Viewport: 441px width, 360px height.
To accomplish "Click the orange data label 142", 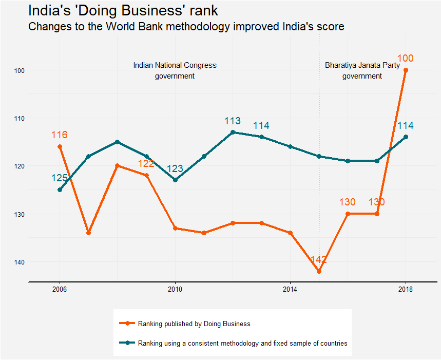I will (x=319, y=260).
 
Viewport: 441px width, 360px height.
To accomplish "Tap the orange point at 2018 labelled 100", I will (x=406, y=70).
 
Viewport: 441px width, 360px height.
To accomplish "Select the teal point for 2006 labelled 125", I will (x=60, y=190).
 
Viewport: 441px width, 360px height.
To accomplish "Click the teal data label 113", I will (x=233, y=121).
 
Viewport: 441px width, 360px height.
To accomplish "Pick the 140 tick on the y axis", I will (x=21, y=262).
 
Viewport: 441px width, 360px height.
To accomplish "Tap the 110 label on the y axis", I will (x=21, y=118).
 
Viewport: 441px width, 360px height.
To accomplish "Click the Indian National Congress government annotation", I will (x=175, y=71).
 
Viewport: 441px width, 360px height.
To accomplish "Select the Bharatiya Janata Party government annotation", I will (x=362, y=71).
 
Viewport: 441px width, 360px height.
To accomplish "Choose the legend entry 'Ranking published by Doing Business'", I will (x=194, y=324).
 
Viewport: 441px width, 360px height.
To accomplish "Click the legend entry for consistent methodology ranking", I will (x=242, y=343).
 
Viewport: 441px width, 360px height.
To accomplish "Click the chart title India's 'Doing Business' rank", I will (x=123, y=11).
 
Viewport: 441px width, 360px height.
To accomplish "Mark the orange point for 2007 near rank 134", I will (x=88, y=233).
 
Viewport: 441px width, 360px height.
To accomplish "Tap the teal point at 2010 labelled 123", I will (x=175, y=180).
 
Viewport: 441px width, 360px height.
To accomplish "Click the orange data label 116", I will (x=60, y=136).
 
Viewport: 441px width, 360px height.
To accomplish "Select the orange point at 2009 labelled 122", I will (x=146, y=176).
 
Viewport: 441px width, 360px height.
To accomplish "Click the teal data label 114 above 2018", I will (x=406, y=126).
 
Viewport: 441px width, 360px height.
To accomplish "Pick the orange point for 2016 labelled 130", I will (x=348, y=214).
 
